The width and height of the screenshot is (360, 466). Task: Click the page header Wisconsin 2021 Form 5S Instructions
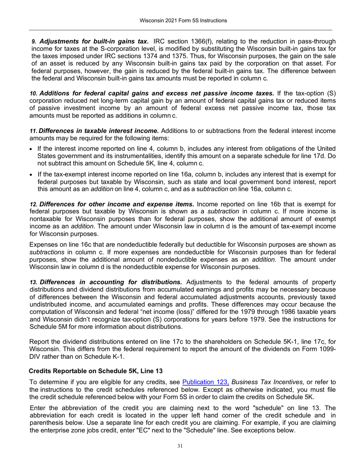tap(180, 20)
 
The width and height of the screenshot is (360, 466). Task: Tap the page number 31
tap(180, 446)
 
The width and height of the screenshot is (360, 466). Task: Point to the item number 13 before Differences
tap(34, 282)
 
